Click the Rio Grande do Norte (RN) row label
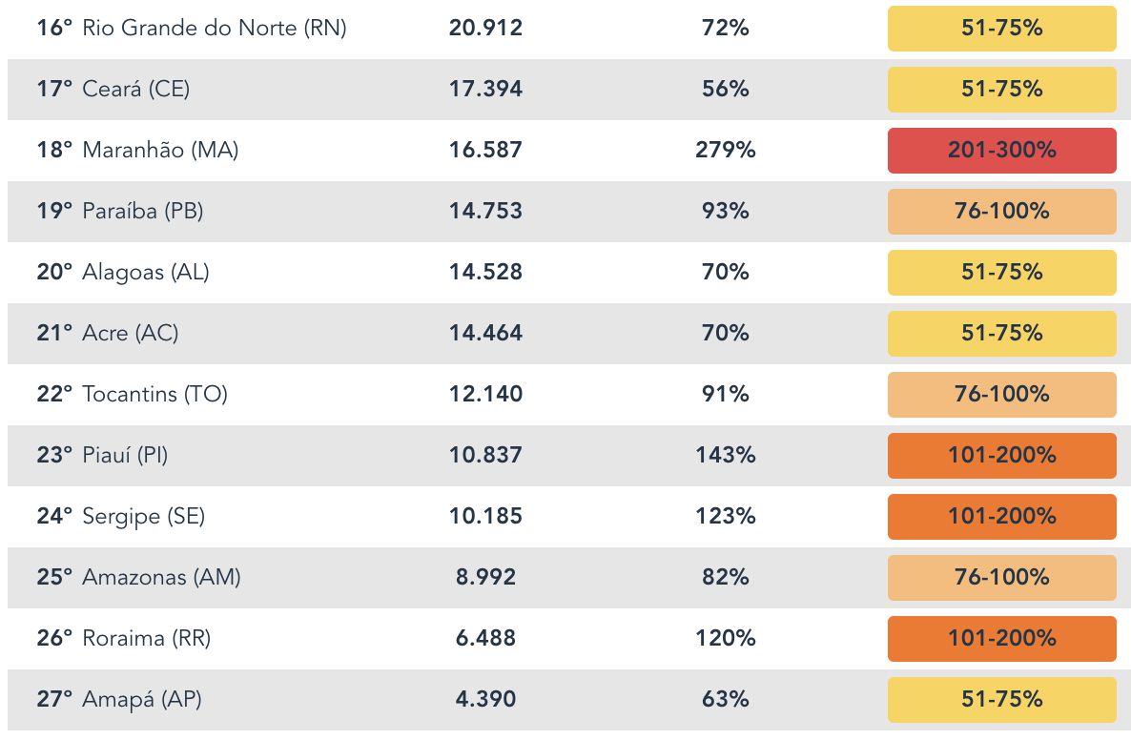coord(215,29)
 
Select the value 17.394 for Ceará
coord(485,90)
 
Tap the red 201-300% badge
coord(1001,151)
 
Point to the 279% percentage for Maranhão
coord(725,151)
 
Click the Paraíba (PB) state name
coord(142,212)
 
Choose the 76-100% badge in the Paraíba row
coord(1001,212)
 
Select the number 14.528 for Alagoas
coord(485,273)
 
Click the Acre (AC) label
coord(131,334)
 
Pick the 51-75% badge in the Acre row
coord(1001,334)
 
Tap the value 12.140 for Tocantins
coord(485,395)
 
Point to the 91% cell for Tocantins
coord(725,395)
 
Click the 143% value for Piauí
coord(725,456)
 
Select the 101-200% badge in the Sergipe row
coord(1001,517)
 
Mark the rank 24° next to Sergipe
coord(54,517)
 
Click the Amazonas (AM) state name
coord(161,578)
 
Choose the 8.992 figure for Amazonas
coord(485,578)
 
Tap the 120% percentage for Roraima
coord(725,639)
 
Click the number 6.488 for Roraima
coord(485,639)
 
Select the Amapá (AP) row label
coord(142,700)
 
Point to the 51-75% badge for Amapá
coord(1001,700)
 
